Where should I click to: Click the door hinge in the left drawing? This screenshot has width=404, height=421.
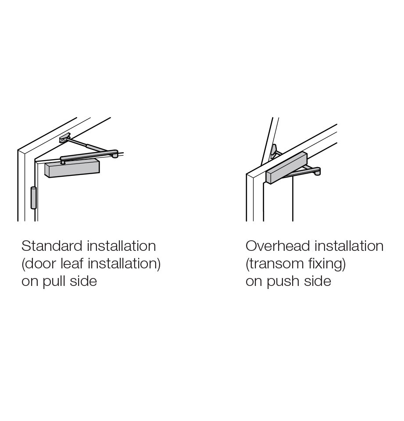click(33, 198)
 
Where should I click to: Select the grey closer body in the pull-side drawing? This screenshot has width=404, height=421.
click(72, 169)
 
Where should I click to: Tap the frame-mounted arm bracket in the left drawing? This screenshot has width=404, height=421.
click(64, 138)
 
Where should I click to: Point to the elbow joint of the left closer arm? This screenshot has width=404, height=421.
click(115, 154)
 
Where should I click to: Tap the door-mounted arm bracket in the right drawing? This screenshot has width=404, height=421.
click(273, 150)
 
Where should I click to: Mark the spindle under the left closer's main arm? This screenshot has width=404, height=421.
click(63, 162)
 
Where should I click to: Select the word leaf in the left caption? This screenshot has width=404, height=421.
click(73, 264)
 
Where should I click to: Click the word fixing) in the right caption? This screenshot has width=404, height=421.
click(327, 264)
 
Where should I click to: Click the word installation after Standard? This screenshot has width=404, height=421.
click(122, 246)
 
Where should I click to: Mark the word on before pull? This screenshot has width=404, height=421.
click(30, 281)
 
